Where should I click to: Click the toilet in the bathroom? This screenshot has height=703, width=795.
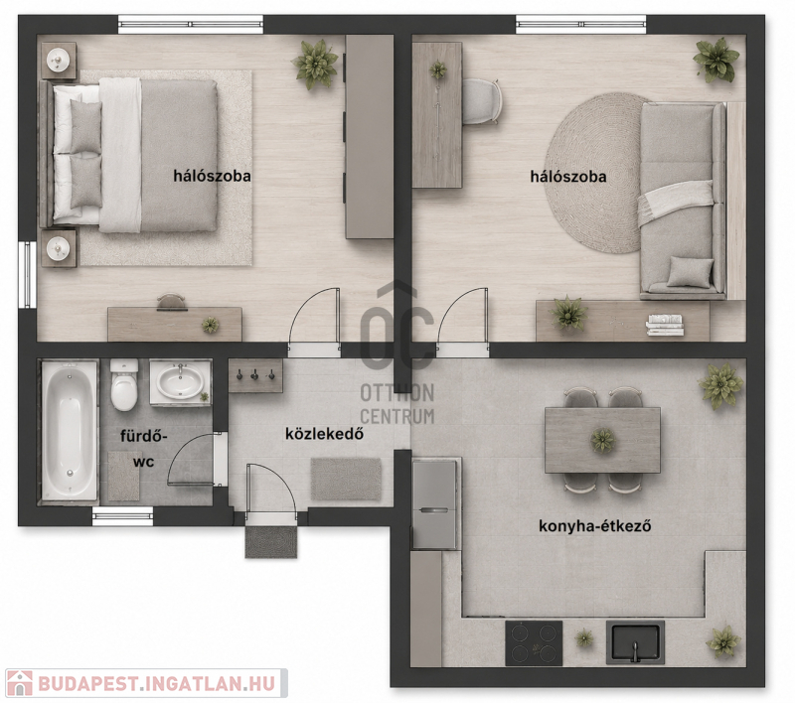124,384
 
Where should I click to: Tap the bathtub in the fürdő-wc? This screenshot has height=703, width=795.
70,430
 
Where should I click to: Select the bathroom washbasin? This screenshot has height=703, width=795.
180,382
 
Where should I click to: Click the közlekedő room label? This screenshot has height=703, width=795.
325,434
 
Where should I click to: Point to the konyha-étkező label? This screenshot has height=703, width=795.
594,526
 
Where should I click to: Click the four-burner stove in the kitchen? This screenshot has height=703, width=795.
534,643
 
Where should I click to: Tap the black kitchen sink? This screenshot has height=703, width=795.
635,642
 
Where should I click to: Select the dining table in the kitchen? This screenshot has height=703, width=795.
602,440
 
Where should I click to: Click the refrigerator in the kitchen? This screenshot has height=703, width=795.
434,504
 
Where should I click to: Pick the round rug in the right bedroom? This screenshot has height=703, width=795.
594,173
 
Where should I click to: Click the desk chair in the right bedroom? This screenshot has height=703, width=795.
482,101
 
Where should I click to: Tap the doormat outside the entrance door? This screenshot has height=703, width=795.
271,542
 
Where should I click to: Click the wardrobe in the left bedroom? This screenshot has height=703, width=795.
370,136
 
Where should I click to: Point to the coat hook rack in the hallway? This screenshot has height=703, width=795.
255,375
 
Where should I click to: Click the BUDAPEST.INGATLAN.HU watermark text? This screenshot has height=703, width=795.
156,684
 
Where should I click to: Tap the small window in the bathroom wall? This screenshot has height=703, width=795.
122,516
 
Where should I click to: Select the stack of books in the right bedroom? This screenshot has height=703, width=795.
665,325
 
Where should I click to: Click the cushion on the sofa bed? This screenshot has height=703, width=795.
690,271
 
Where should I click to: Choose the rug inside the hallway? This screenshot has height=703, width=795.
346,479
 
